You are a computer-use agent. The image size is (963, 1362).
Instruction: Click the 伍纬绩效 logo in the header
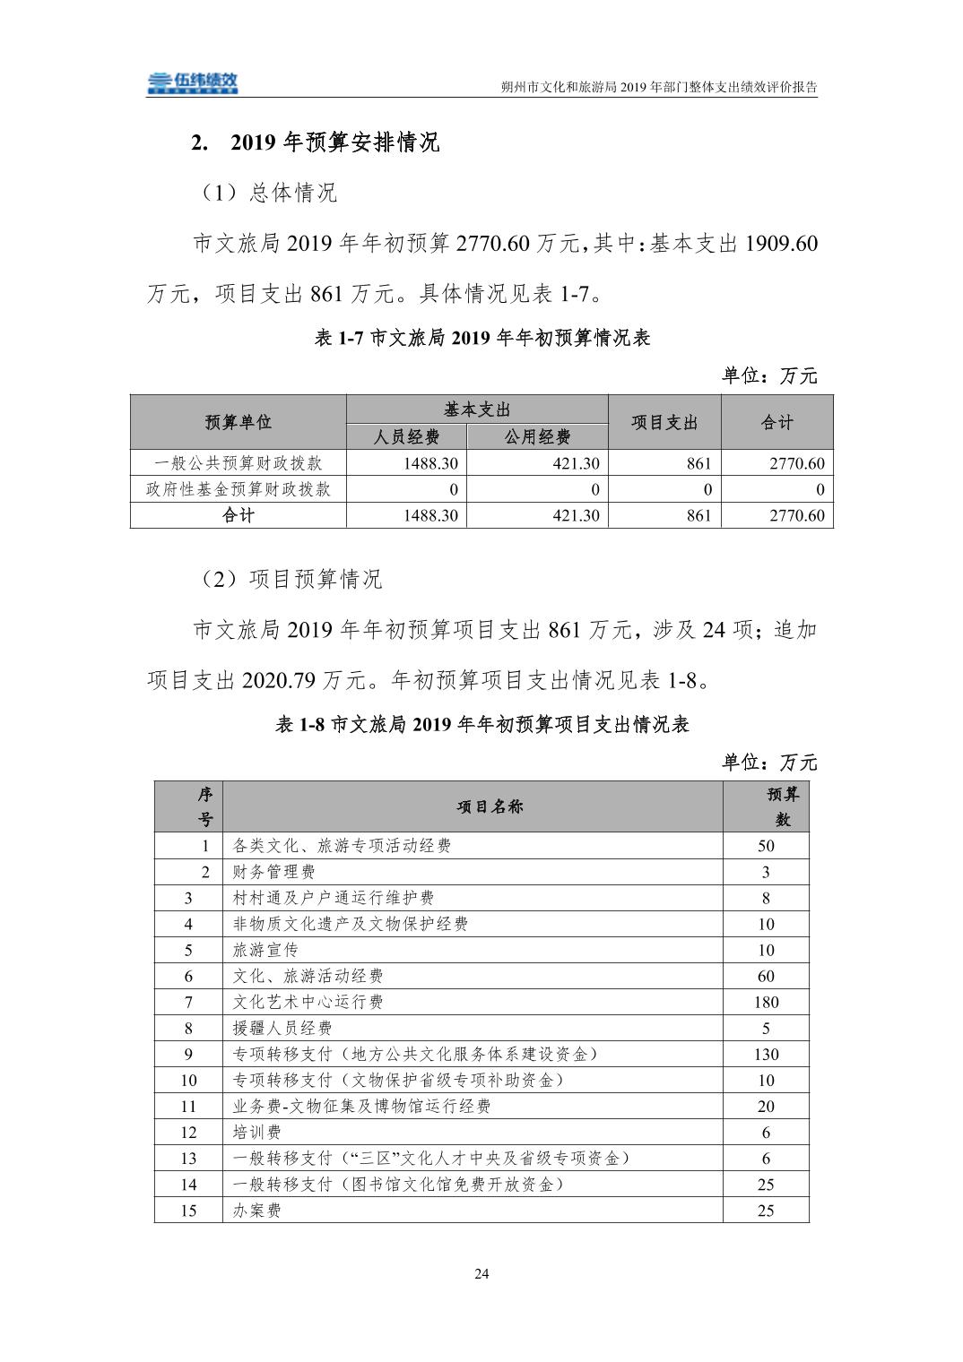(193, 82)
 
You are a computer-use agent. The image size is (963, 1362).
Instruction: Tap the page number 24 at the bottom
(481, 1273)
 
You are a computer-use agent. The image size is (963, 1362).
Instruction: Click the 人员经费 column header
(406, 437)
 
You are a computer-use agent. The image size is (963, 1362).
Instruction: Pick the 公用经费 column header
(537, 437)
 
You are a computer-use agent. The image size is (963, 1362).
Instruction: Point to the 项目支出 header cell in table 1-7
(664, 423)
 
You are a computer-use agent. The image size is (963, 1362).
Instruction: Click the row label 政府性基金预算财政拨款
(238, 489)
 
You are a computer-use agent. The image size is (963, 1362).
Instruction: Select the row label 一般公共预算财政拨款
(238, 463)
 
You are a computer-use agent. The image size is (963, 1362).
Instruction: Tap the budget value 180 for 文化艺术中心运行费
(766, 1002)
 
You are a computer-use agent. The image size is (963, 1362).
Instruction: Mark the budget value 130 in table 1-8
(766, 1054)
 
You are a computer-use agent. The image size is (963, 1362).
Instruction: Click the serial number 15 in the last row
(188, 1211)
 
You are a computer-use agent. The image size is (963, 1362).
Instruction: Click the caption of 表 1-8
(481, 725)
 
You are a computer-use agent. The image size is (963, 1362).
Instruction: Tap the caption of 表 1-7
(482, 338)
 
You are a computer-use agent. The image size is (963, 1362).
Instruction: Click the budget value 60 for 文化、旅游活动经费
(766, 976)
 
